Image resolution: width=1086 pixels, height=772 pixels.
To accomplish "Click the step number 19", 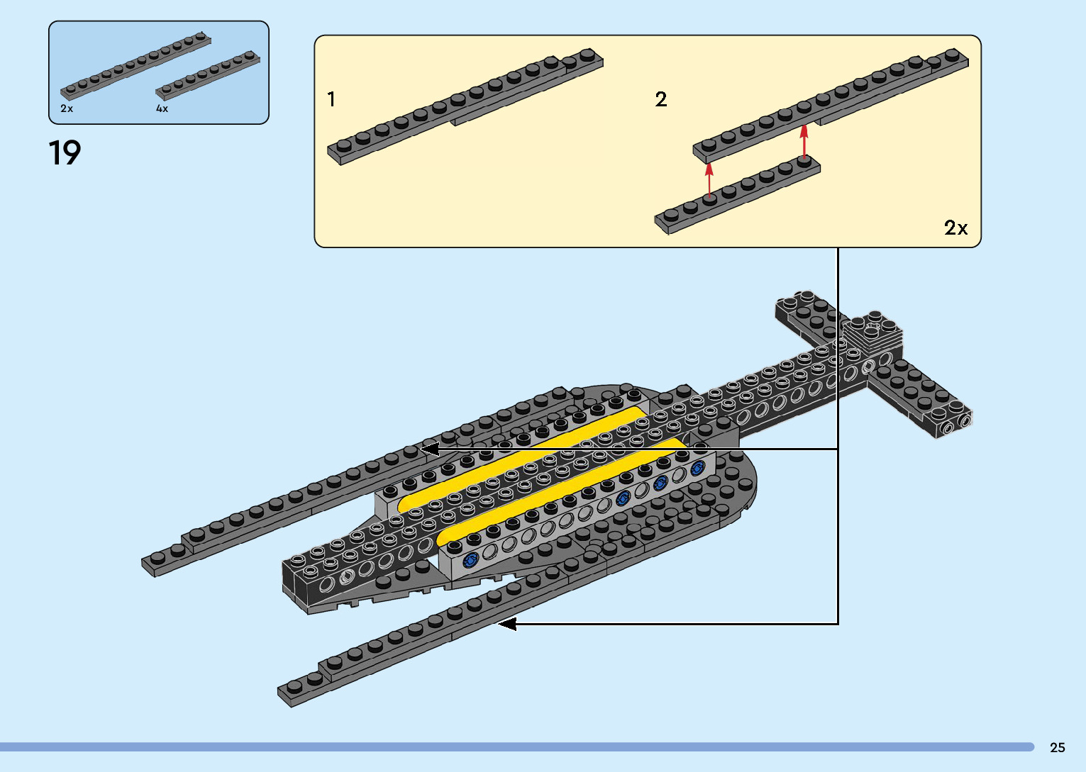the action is click(65, 153).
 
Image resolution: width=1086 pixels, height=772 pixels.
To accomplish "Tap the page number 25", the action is click(1057, 747).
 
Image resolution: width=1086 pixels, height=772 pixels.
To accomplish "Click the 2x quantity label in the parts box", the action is click(67, 108).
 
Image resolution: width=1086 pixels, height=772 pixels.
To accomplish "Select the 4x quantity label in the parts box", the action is click(162, 108).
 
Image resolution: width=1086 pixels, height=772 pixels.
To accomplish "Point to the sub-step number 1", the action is click(331, 99).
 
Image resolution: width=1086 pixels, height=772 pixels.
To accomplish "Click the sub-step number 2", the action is click(660, 99).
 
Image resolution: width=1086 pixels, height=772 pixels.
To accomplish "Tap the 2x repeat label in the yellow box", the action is click(955, 228).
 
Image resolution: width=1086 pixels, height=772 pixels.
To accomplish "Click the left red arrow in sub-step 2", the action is click(709, 181).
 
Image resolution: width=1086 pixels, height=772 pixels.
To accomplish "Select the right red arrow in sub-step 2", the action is click(804, 141).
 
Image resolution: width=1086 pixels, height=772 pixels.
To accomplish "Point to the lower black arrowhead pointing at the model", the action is click(506, 624).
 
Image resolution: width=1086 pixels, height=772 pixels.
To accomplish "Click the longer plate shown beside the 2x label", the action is click(135, 65).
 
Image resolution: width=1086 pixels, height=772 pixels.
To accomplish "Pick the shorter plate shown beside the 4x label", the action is click(208, 74).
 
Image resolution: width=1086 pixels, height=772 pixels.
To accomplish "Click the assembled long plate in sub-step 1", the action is click(465, 106).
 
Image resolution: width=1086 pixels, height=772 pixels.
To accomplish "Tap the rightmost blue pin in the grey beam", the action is click(697, 468).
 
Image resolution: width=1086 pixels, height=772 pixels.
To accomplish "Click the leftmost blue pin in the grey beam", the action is click(470, 561).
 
